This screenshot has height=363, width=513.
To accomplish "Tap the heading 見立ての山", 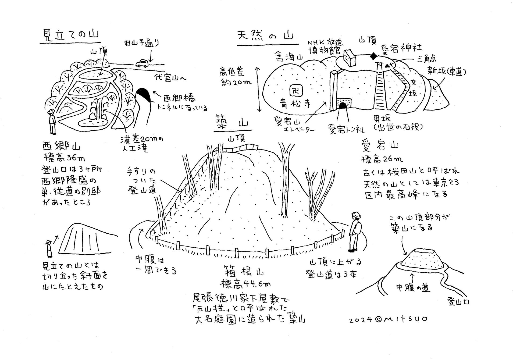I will coord(71,35).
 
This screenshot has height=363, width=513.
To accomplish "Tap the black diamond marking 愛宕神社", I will coord(373,56).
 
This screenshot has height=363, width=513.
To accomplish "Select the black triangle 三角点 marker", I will coord(387,65).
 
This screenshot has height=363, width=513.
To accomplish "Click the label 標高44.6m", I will coord(245,283).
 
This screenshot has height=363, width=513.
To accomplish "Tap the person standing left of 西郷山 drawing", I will coord(52,121).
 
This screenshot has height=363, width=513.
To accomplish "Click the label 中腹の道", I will coord(413,288).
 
